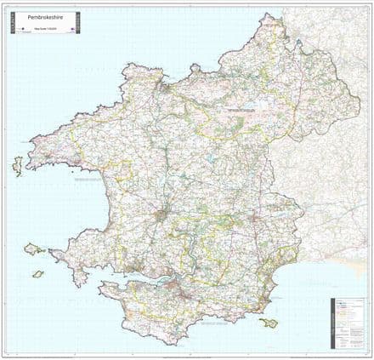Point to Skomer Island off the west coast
[34, 250]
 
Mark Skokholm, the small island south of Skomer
[37, 274]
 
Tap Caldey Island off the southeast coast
[269, 323]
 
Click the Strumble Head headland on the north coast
[129, 65]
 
